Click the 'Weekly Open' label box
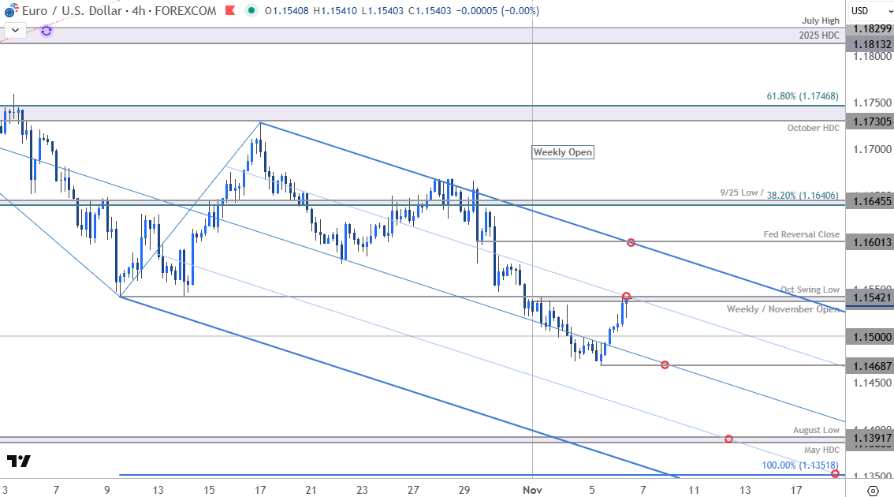[x=562, y=152]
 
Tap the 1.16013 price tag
[x=870, y=242]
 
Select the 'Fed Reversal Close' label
[x=801, y=234]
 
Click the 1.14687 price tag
[x=870, y=365]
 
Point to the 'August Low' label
[x=816, y=430]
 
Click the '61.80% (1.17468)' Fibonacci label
[x=803, y=96]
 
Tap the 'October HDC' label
[x=813, y=128]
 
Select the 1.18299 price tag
[x=870, y=28]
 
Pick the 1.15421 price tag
[x=870, y=297]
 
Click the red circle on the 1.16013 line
[x=631, y=242]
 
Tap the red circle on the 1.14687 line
[x=665, y=364]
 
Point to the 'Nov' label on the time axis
[x=533, y=490]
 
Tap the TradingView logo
[x=19, y=461]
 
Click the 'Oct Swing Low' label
[x=810, y=290]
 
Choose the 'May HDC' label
[x=821, y=450]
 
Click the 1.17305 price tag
[x=870, y=121]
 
